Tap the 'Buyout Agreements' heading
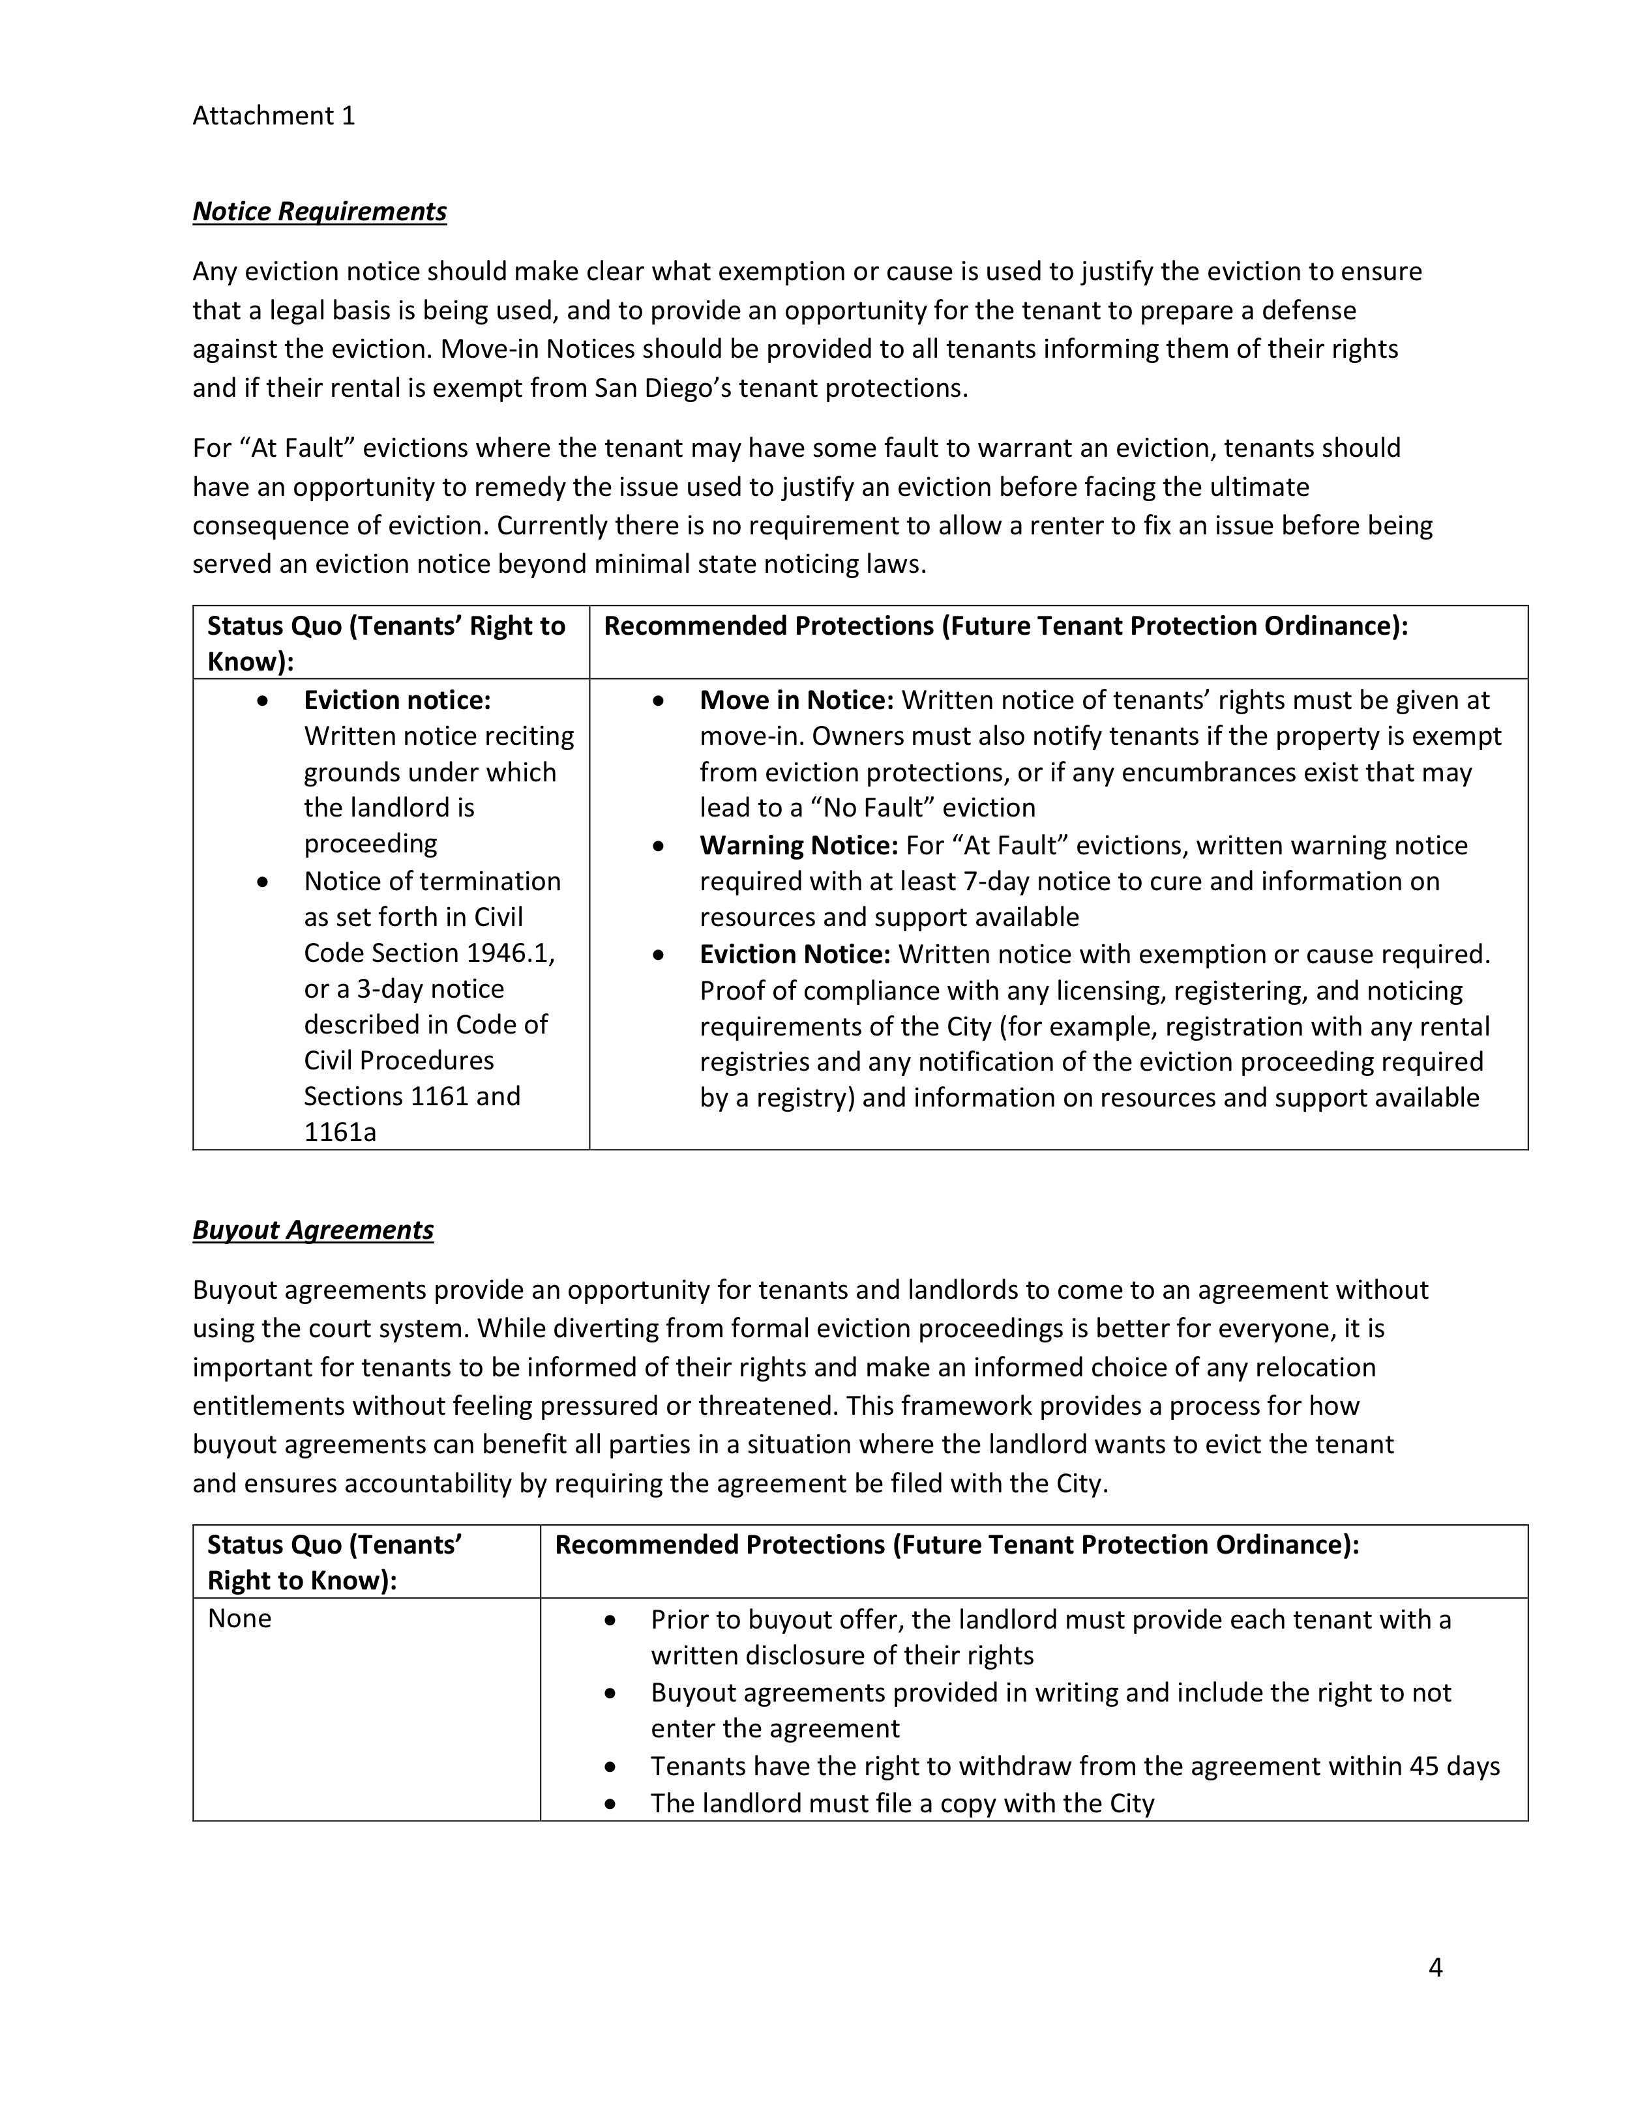tap(312, 1230)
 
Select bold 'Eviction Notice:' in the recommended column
tap(795, 954)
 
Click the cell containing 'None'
tap(239, 1618)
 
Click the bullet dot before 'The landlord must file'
tap(610, 1804)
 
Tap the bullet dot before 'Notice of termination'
tap(261, 882)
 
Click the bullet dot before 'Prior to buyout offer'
tap(610, 1620)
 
